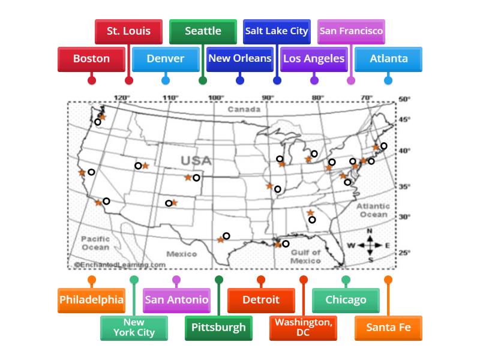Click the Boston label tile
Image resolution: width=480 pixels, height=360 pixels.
tap(91, 59)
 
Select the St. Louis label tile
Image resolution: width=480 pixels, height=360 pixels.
tap(128, 31)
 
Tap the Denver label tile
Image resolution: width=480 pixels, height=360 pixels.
tap(165, 59)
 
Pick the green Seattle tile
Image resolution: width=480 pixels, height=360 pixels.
tap(203, 31)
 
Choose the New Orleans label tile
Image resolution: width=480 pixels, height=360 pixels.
tap(239, 59)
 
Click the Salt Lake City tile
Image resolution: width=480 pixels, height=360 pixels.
tap(277, 31)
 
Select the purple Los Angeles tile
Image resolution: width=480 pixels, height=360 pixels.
tap(314, 59)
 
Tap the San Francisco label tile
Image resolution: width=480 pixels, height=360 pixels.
tap(351, 31)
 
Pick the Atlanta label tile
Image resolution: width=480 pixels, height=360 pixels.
tap(388, 59)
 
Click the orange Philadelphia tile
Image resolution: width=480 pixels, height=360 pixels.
tap(91, 300)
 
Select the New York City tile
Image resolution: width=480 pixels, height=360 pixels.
tap(134, 328)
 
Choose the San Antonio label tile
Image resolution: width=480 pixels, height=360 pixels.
tap(176, 300)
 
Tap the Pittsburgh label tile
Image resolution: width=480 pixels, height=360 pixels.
tap(218, 328)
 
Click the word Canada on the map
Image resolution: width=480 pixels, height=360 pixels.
tap(244, 110)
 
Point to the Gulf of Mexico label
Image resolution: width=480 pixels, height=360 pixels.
tap(305, 257)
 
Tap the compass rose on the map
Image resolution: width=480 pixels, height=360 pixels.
tap(370, 245)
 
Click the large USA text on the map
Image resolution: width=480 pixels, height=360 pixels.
tap(196, 161)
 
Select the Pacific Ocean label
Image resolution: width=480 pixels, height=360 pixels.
tap(95, 243)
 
